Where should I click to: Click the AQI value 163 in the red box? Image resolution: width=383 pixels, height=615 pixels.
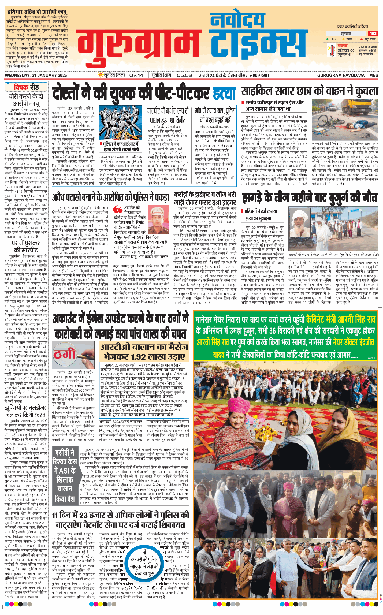click(x=373, y=33)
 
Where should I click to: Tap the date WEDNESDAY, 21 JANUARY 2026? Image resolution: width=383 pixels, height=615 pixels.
click(x=36, y=75)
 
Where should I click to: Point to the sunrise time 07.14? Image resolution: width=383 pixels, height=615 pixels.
click(x=136, y=75)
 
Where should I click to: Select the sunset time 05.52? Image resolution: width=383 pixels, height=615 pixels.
click(x=184, y=75)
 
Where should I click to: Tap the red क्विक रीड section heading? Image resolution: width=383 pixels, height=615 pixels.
click(x=26, y=87)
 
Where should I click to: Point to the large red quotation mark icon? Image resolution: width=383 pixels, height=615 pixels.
click(x=118, y=209)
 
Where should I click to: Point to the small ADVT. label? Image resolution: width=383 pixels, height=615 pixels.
click(x=371, y=358)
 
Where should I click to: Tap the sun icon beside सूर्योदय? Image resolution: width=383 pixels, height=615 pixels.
click(x=101, y=75)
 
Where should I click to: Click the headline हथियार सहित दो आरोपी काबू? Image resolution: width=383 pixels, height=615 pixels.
click(x=37, y=12)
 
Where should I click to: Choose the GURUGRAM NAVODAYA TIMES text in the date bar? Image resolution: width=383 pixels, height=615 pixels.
click(x=347, y=75)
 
